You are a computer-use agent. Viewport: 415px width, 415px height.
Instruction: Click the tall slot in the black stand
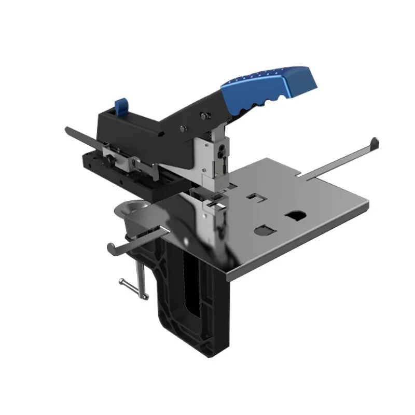point(193,290)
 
